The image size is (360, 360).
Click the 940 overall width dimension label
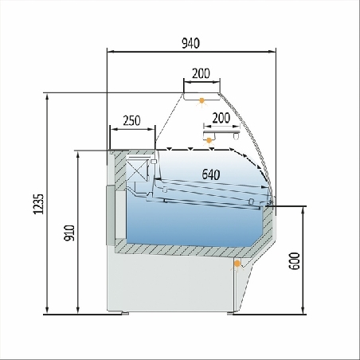pyautogui.click(x=190, y=43)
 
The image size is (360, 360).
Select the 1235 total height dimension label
pyautogui.click(x=38, y=204)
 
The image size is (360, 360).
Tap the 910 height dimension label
pyautogui.click(x=70, y=233)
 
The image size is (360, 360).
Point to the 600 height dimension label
pyautogui.click(x=294, y=261)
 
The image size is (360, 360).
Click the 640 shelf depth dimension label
pyautogui.click(x=211, y=174)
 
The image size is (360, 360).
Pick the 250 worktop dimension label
pyautogui.click(x=131, y=120)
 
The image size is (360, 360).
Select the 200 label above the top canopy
pyautogui.click(x=201, y=73)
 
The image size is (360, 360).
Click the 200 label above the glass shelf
pyautogui.click(x=221, y=118)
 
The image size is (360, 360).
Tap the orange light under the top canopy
pyautogui.click(x=202, y=101)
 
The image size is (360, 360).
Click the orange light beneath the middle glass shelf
pyautogui.click(x=209, y=140)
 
